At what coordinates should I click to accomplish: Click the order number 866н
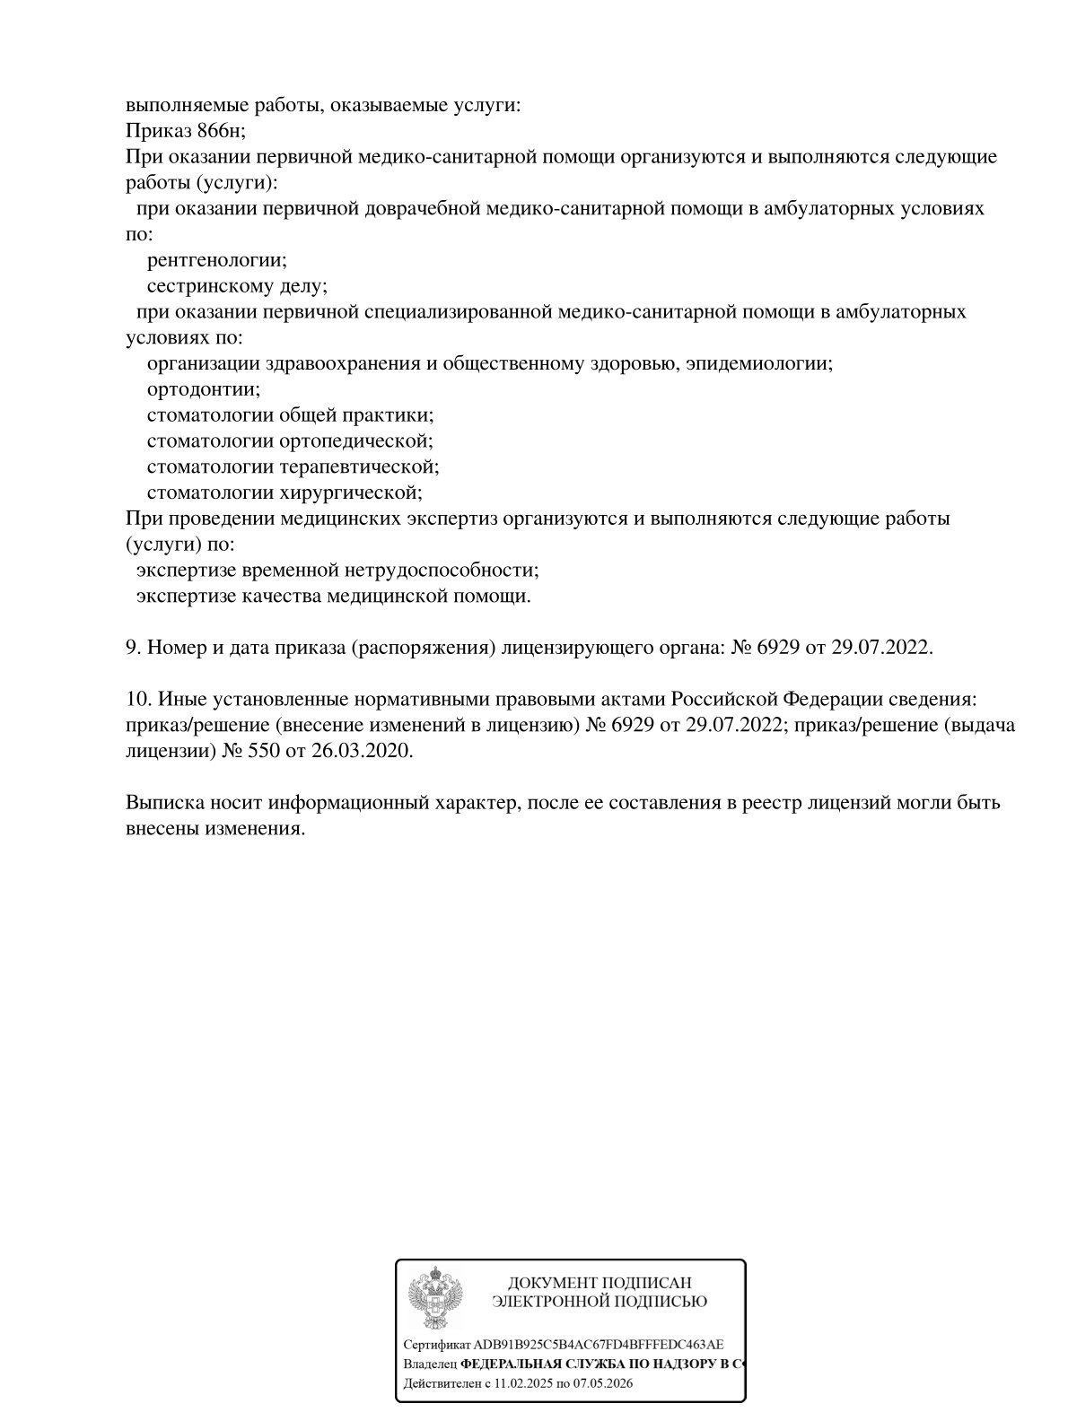pyautogui.click(x=220, y=131)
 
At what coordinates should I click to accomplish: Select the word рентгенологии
pyautogui.click(x=216, y=260)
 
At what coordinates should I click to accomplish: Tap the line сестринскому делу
pyautogui.click(x=237, y=286)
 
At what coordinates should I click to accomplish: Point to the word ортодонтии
pyautogui.click(x=204, y=389)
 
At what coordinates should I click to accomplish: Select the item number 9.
pyautogui.click(x=132, y=647)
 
